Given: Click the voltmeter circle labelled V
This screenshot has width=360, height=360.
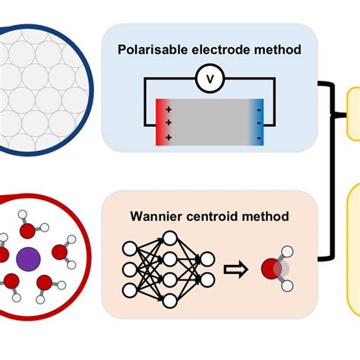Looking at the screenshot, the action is [x=210, y=78].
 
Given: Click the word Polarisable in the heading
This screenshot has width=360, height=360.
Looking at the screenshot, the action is [x=153, y=49].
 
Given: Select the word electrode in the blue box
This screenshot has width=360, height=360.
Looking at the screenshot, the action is [x=221, y=49].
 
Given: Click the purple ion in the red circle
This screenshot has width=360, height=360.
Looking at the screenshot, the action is [x=28, y=259].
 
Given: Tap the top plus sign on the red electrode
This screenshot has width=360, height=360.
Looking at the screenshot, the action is [x=169, y=109].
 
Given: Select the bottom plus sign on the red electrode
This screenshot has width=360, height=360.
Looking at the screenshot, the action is [x=169, y=137].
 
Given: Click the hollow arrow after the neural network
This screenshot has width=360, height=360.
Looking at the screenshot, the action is [x=235, y=270].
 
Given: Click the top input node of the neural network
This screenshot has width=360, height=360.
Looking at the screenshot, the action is [x=130, y=248].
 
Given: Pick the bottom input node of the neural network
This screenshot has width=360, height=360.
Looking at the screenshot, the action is [x=130, y=290].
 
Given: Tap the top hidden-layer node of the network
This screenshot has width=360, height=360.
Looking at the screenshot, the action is [x=170, y=238].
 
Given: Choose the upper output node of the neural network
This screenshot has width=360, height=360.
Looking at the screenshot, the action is [x=207, y=259].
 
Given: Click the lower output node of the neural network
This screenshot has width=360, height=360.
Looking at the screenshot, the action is [x=207, y=280].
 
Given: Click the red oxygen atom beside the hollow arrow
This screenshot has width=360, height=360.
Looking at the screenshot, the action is [x=271, y=269].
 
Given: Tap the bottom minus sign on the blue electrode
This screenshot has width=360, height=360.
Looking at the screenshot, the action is [x=259, y=138].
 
